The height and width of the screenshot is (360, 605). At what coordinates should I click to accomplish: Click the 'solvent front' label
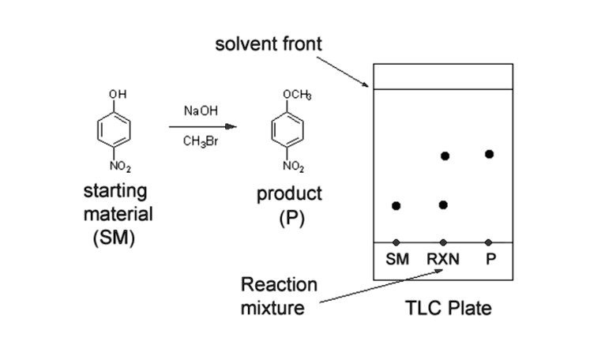(269, 44)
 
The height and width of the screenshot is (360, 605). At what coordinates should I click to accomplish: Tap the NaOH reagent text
(197, 111)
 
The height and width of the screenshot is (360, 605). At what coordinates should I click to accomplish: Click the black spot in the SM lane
(396, 206)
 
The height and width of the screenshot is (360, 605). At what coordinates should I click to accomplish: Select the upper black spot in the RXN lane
(445, 156)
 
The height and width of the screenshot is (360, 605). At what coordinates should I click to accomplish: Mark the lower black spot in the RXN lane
(444, 205)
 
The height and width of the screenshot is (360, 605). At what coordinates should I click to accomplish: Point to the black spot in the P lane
(490, 154)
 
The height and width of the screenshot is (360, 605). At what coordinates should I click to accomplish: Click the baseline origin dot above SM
(396, 242)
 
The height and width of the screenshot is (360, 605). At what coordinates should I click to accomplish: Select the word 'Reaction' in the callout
(279, 284)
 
